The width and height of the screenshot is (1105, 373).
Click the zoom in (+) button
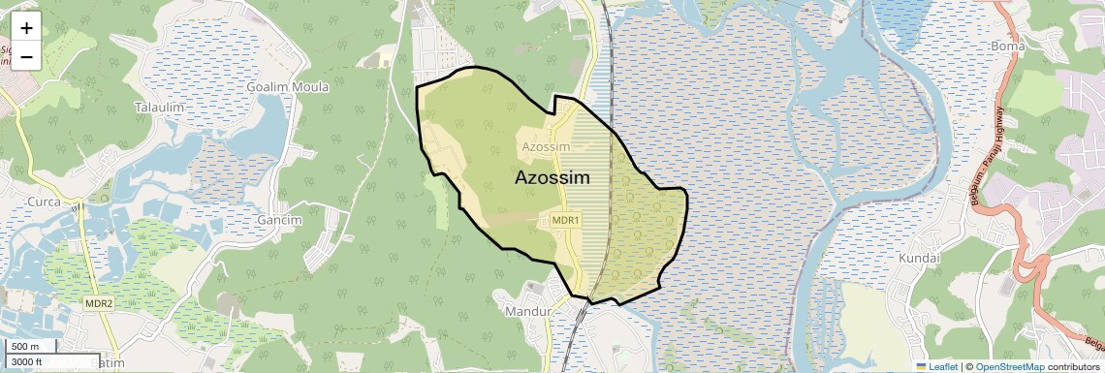click(x=26, y=28)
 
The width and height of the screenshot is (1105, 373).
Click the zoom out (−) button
click(x=26, y=56)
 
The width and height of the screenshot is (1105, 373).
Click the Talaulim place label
click(x=161, y=107)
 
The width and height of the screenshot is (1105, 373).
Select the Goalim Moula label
click(x=288, y=87)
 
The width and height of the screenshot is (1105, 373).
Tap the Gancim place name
click(x=280, y=220)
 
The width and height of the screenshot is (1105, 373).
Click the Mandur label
click(x=527, y=312)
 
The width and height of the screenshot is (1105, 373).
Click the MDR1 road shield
click(x=565, y=220)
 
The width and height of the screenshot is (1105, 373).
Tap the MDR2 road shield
click(x=99, y=303)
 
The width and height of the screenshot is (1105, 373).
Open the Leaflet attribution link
click(x=939, y=367)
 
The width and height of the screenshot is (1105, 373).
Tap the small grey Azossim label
click(x=546, y=146)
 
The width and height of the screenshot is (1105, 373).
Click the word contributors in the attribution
click(x=1074, y=367)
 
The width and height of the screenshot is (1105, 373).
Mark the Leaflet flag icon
click(x=921, y=367)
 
